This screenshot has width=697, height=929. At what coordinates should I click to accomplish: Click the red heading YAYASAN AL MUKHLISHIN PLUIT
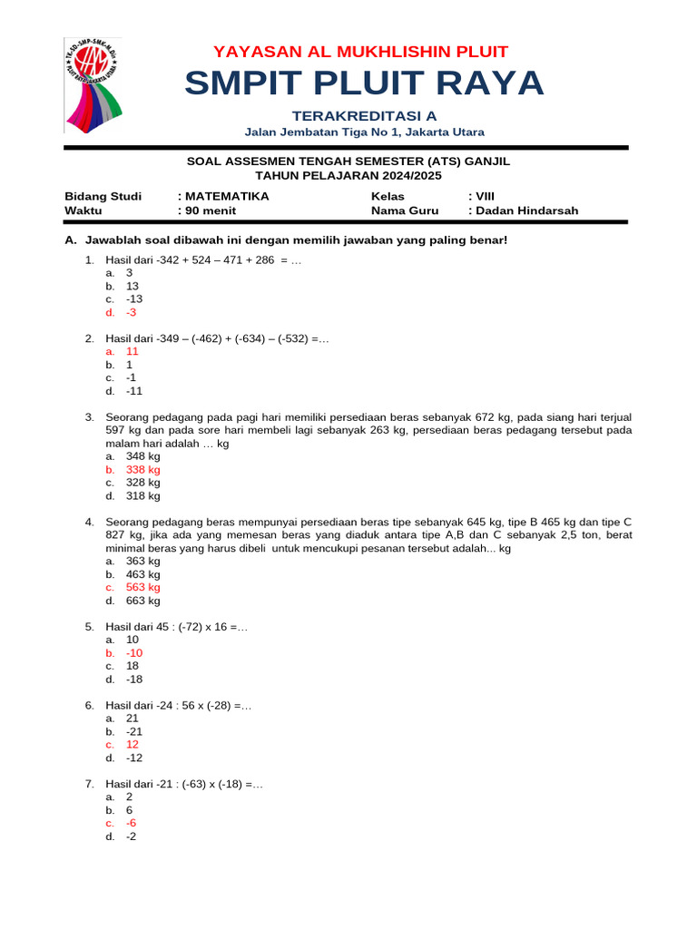[x=360, y=52]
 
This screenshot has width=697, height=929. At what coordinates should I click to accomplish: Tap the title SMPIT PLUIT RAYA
[x=364, y=83]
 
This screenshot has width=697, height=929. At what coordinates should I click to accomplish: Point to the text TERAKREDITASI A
[x=364, y=115]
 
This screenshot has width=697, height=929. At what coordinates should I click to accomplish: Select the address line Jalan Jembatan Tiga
[x=364, y=132]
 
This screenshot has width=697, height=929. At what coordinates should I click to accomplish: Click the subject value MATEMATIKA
[x=227, y=196]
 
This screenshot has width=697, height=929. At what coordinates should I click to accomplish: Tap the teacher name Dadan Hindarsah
[x=526, y=210]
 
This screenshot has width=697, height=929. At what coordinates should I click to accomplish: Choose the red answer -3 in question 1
[x=131, y=312]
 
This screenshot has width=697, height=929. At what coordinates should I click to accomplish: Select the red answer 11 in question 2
[x=132, y=351]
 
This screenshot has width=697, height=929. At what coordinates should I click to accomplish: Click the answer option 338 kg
[x=142, y=470]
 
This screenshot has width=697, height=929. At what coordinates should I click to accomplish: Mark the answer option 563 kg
[x=142, y=587]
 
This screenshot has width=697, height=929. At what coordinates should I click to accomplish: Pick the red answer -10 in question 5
[x=134, y=653]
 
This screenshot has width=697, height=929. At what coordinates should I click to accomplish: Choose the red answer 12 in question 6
[x=132, y=745]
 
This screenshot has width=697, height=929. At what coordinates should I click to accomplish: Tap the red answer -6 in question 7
[x=131, y=824]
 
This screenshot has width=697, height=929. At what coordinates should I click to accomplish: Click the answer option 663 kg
[x=142, y=601]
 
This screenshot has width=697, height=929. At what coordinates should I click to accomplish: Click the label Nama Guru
[x=405, y=210]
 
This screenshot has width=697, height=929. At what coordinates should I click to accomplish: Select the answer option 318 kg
[x=142, y=496]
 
